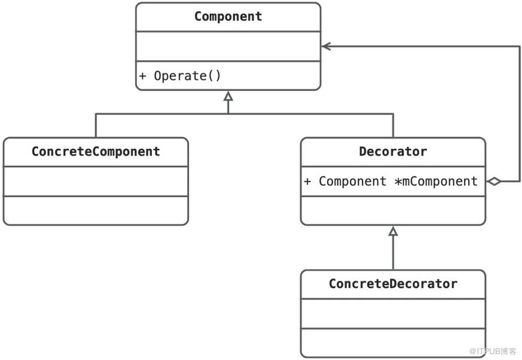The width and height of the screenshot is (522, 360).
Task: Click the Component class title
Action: (x=228, y=16)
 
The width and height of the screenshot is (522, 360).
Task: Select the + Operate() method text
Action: (x=180, y=76)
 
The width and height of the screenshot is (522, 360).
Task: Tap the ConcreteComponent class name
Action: (x=96, y=152)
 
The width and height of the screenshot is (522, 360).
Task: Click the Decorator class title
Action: (x=393, y=152)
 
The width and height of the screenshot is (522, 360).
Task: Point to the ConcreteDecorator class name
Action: (x=393, y=284)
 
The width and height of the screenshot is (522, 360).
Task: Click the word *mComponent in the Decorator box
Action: (x=436, y=181)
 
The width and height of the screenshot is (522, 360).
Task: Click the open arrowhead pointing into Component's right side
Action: (x=326, y=46)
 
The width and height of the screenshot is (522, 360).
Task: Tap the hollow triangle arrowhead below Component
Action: (x=228, y=96)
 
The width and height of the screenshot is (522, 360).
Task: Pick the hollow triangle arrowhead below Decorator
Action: (x=393, y=231)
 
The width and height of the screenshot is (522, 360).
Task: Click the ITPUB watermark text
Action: (x=493, y=351)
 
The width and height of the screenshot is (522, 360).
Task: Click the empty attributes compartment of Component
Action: (x=228, y=46)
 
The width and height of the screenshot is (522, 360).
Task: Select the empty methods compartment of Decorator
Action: (x=393, y=210)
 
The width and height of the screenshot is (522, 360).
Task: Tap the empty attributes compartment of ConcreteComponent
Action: (x=96, y=181)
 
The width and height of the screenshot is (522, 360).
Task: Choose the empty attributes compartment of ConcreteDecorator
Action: (x=393, y=314)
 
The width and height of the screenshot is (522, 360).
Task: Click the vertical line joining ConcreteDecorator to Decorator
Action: (x=393, y=253)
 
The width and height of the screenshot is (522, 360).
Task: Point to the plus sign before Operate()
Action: (x=143, y=76)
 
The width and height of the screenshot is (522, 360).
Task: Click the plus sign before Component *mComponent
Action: (x=307, y=181)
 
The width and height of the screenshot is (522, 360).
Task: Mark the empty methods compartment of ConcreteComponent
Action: (x=96, y=210)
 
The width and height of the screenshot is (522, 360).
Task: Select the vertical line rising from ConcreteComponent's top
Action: (x=96, y=125)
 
